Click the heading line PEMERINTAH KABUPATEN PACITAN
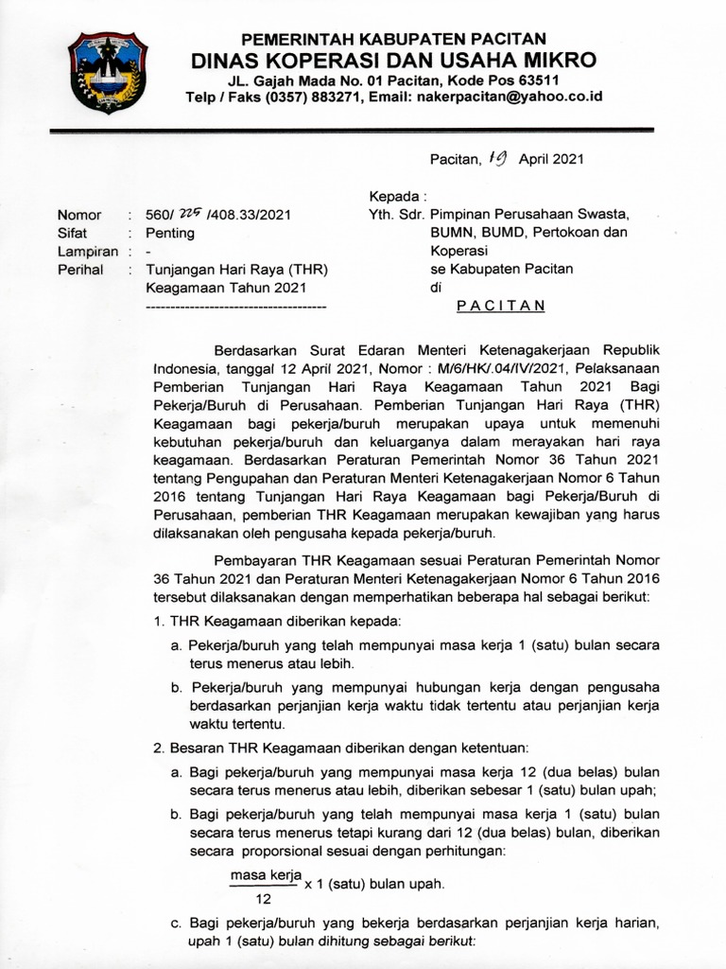coord(393,39)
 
